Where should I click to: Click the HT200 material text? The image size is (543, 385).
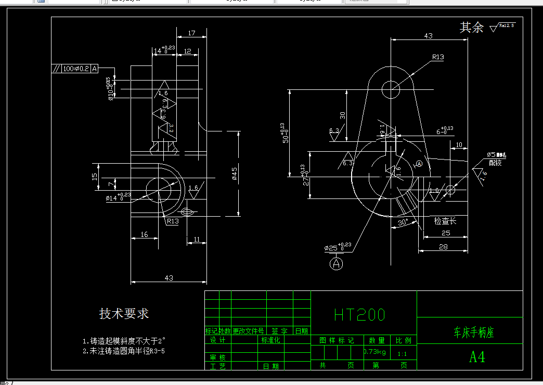pos(359,315)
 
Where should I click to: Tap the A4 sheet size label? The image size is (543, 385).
pos(477,357)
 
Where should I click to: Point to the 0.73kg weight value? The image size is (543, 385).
pos(374,352)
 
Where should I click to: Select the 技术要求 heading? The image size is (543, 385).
pos(124,314)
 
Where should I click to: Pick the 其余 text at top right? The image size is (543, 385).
pos(471,28)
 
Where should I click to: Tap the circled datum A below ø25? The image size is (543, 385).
pos(337,263)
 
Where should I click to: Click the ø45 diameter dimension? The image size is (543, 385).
pos(235,174)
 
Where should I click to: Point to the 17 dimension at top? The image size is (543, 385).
pos(191,33)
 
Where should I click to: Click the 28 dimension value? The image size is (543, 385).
pos(443,247)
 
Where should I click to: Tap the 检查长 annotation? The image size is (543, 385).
pos(445,221)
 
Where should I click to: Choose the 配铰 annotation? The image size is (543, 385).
pos(495,163)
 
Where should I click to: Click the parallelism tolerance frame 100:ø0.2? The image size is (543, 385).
pos(75,69)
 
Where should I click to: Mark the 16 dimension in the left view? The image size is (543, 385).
pos(145,234)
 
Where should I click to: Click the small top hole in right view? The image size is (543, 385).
pos(391,89)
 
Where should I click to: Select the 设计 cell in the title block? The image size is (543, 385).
pos(217,340)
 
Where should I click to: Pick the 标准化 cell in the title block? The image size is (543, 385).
pos(270,340)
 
